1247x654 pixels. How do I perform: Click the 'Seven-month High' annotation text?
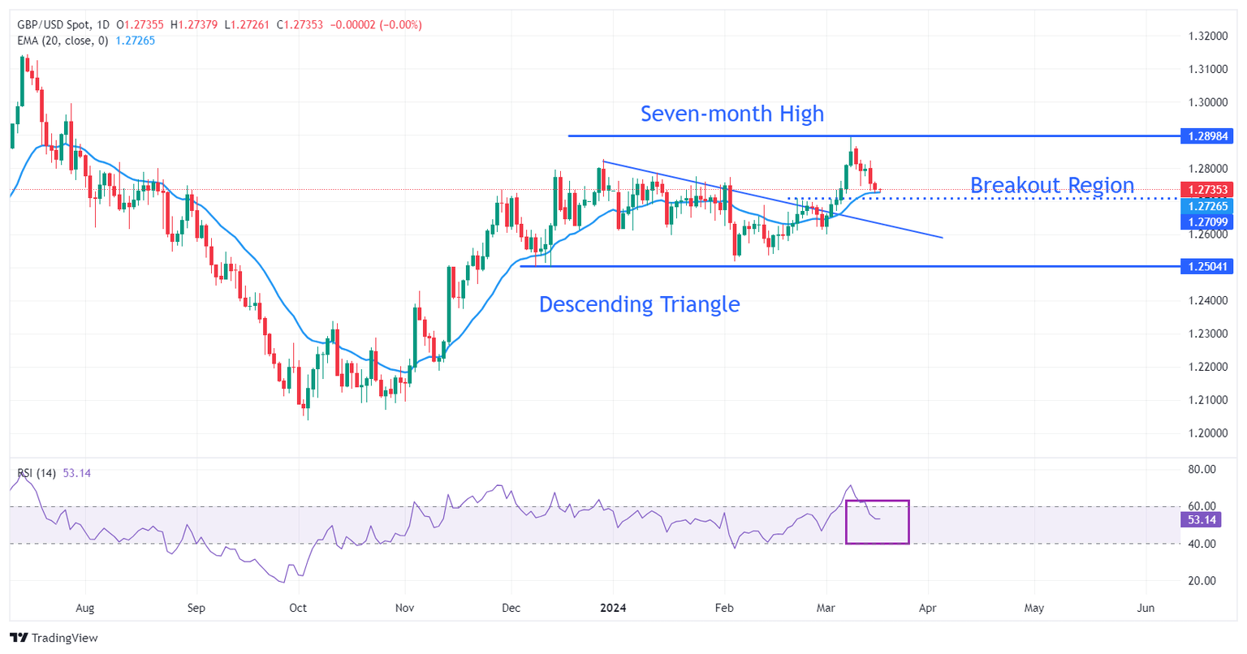pos(731,114)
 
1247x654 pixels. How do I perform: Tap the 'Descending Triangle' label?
pos(639,304)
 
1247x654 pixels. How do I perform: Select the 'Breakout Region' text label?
pos(1051,186)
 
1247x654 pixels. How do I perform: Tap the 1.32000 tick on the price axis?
pos(1206,37)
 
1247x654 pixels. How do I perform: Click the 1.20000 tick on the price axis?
pos(1206,433)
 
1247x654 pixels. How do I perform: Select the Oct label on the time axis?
pos(298,608)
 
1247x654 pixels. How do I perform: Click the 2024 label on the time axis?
pos(614,608)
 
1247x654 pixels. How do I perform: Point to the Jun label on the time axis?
pos(1146,608)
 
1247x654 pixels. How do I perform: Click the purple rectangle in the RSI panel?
pos(877,522)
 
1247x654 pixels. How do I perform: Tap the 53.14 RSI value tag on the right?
pos(1202,520)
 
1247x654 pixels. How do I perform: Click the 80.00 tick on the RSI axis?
pos(1202,469)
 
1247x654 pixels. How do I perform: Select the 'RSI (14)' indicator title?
pos(37,473)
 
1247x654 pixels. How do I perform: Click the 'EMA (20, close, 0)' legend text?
pos(63,41)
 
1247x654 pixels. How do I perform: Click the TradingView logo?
pos(54,638)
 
